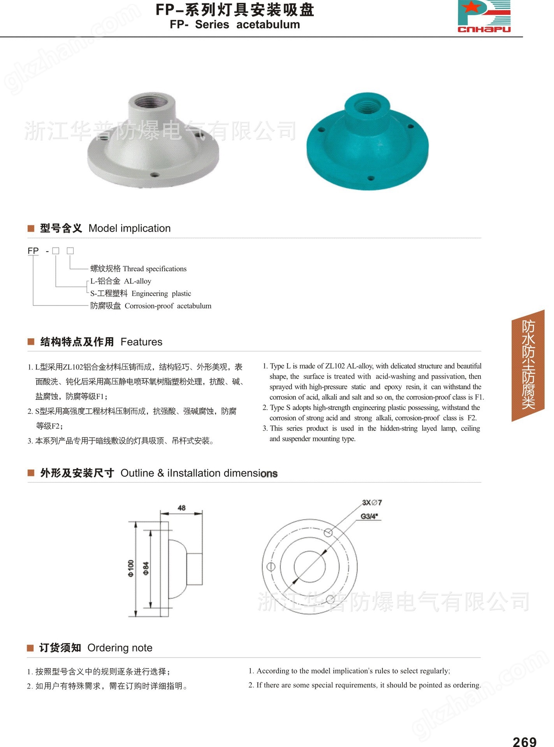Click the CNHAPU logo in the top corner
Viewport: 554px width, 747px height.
(x=484, y=16)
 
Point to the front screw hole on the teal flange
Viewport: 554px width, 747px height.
(x=371, y=178)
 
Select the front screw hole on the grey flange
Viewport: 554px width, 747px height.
(x=154, y=174)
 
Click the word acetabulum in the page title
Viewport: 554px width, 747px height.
(x=268, y=25)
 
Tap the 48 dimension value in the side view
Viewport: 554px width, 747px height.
(x=181, y=508)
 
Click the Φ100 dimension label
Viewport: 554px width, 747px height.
(x=131, y=568)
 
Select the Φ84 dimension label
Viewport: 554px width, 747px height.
(x=146, y=568)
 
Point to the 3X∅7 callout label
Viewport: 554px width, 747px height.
(x=372, y=503)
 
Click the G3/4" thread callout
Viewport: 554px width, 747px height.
(x=370, y=516)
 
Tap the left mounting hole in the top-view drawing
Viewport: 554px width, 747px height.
(x=271, y=567)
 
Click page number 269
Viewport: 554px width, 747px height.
(x=524, y=741)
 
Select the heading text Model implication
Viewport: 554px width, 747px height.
(x=130, y=228)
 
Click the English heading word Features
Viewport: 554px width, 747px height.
(x=141, y=342)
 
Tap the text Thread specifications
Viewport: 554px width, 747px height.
(x=155, y=269)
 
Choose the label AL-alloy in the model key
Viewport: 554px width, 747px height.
(x=137, y=281)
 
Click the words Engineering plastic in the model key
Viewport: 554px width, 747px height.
(x=161, y=294)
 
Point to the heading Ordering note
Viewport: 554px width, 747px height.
(x=120, y=648)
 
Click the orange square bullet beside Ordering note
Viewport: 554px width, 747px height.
(x=30, y=648)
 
